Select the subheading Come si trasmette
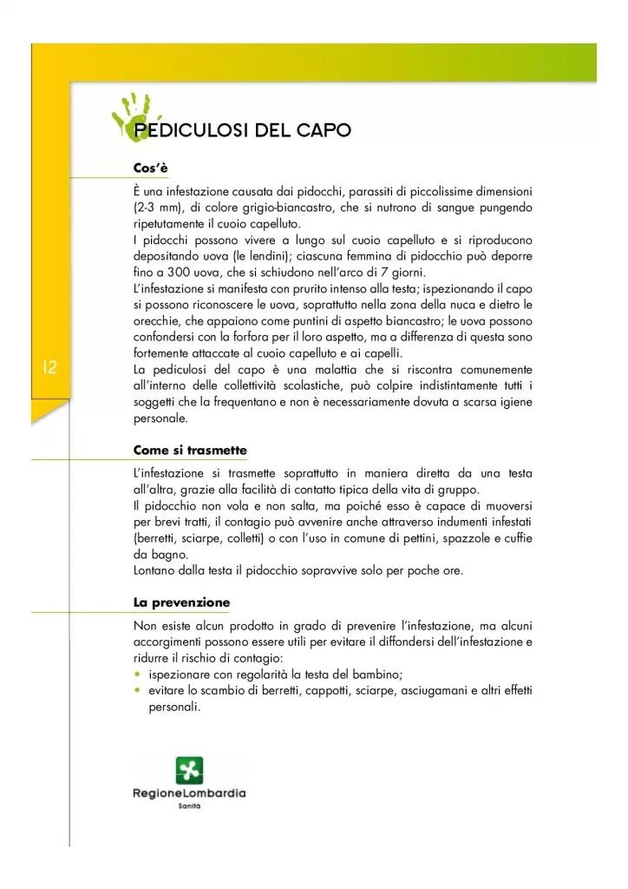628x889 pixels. [x=190, y=451]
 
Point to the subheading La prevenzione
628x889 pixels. [x=181, y=602]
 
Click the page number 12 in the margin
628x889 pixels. [x=49, y=368]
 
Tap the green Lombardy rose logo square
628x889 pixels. [x=189, y=770]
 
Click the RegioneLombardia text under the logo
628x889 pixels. [x=189, y=794]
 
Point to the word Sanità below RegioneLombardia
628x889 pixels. [x=189, y=808]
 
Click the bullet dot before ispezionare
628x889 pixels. [x=138, y=675]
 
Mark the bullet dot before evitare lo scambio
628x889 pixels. [x=138, y=690]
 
